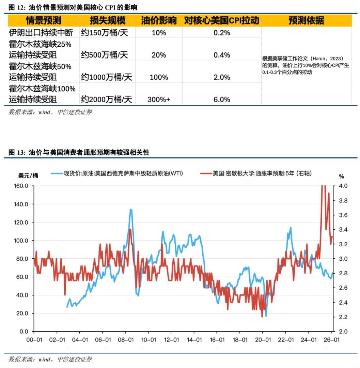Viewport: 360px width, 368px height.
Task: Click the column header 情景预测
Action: click(43, 21)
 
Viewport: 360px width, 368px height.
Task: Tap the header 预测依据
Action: click(306, 21)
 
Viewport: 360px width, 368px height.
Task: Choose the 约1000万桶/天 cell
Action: click(106, 77)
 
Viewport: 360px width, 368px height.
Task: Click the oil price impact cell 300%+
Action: click(159, 99)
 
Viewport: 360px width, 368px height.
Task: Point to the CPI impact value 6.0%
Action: click(222, 99)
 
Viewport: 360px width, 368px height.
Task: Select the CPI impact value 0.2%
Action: click(222, 33)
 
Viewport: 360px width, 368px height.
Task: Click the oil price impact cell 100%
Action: click(159, 77)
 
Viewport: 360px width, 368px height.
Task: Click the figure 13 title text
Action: click(79, 153)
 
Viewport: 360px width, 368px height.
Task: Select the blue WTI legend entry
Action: click(118, 173)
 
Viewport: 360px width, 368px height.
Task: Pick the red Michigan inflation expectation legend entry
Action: click(255, 173)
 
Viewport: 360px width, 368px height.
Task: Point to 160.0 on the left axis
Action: click(21, 186)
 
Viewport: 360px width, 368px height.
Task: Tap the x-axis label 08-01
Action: click(125, 340)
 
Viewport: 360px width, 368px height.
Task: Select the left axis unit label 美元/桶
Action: click(28, 176)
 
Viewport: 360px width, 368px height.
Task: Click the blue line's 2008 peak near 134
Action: click(131, 210)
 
